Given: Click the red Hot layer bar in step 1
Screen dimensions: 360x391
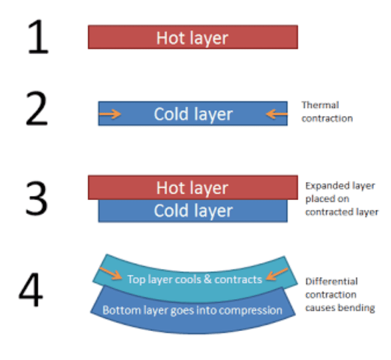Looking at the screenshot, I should click(192, 38).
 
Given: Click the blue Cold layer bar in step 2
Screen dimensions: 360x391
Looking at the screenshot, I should click(192, 113).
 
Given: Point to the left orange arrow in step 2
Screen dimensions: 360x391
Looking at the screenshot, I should click(110, 113).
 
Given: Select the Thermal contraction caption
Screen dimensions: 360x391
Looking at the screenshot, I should click(327, 111).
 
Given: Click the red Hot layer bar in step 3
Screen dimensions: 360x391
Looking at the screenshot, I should click(192, 188).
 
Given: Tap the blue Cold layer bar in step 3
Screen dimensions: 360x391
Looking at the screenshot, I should click(192, 211).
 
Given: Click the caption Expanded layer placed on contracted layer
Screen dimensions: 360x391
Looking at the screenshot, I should click(340, 199).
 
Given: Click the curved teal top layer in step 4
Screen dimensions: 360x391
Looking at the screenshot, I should click(195, 279).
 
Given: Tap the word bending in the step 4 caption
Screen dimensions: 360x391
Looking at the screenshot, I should click(358, 308).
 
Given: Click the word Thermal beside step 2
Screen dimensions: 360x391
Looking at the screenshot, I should click(320, 105).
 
